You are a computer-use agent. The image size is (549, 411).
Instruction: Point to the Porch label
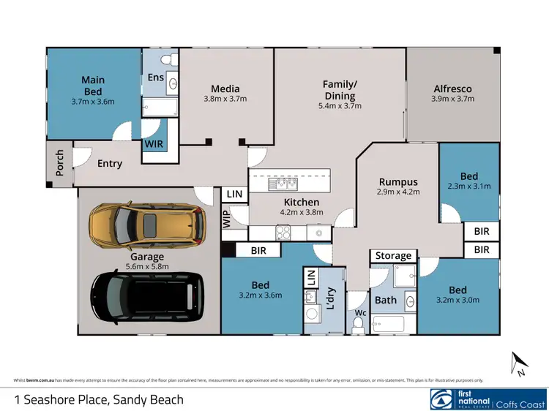coord(60,162)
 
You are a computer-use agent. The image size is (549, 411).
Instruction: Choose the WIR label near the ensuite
coord(154,144)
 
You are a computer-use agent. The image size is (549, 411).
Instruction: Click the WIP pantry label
coord(228,219)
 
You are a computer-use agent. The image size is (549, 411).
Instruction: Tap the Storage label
coord(393,256)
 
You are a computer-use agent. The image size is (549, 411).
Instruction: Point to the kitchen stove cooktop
coord(283,233)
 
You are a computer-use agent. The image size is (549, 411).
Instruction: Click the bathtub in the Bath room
coord(395,323)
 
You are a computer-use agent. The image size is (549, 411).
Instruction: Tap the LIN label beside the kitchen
coord(234,194)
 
